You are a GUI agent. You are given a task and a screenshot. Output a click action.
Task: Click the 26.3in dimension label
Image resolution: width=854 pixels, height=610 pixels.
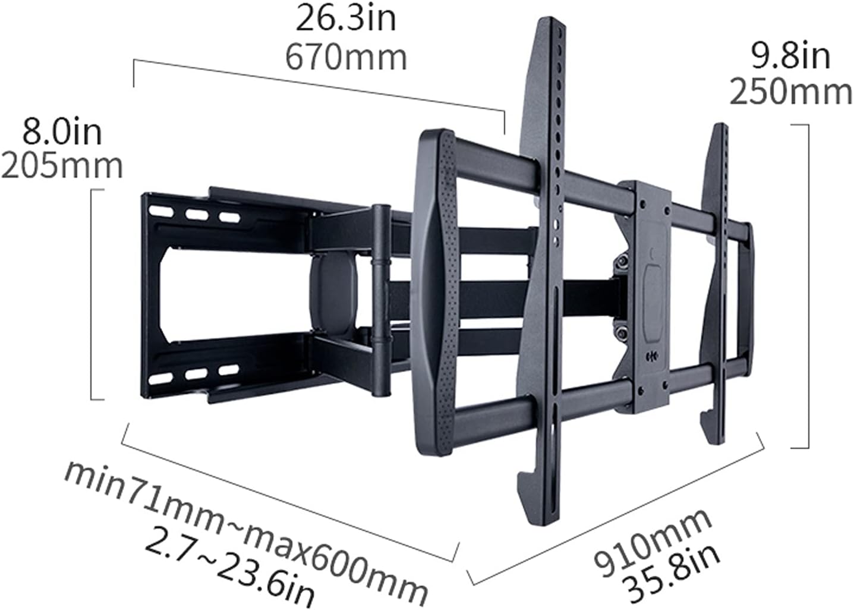coord(346,19)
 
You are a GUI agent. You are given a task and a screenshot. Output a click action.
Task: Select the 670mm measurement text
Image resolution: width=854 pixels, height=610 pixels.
coord(346,58)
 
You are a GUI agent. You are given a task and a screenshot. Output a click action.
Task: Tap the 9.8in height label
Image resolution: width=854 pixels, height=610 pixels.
coord(790,56)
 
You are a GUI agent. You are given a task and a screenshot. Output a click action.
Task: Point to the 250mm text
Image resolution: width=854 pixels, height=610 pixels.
coord(790,93)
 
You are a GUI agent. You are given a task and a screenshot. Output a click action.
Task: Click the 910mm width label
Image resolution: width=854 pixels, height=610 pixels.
coord(653,543)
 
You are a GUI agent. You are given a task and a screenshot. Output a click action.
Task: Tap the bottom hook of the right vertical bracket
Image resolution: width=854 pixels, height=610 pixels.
coord(713,425)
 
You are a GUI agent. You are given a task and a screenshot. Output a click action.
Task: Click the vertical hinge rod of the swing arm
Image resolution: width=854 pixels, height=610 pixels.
coord(379,300)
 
